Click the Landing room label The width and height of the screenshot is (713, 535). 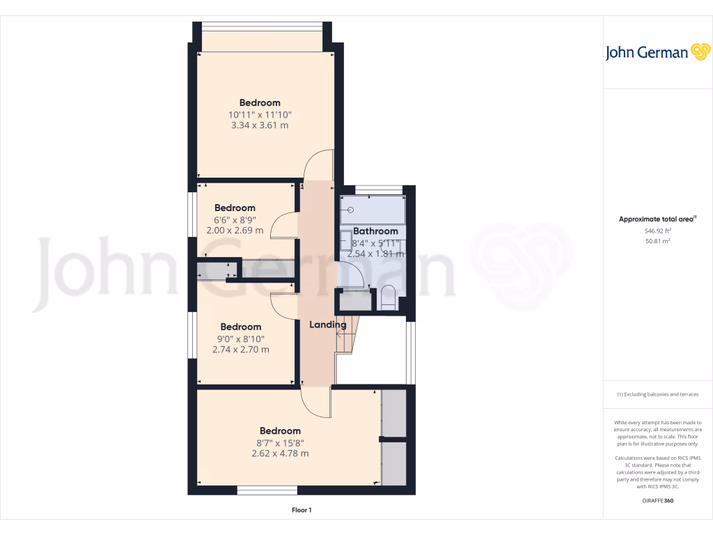[327, 325]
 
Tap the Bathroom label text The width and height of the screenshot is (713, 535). [375, 231]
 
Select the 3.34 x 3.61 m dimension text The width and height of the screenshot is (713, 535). [259, 125]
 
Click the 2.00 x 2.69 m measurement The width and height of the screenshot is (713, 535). [235, 230]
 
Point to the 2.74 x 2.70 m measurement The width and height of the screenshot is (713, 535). [240, 350]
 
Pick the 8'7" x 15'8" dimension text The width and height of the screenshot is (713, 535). [280, 442]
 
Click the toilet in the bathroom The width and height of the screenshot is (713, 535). [389, 297]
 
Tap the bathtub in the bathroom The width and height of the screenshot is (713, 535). [372, 210]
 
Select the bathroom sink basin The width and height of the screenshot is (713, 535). [346, 240]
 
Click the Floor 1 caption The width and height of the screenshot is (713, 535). [301, 511]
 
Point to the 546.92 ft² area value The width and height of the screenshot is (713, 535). [657, 231]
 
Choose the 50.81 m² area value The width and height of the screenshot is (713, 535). [657, 241]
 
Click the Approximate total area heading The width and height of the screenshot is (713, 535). [657, 219]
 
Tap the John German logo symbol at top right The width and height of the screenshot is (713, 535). [700, 52]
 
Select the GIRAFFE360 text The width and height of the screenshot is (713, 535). [657, 500]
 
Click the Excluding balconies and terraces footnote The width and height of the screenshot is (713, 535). [657, 395]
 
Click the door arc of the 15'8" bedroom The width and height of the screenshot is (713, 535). [317, 404]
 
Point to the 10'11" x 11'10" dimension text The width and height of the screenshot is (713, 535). [259, 114]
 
